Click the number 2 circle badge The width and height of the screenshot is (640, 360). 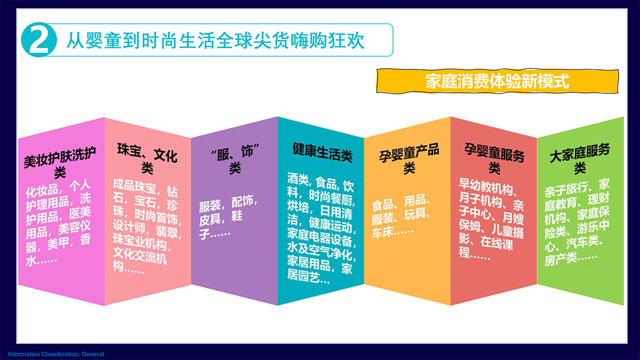click(39, 39)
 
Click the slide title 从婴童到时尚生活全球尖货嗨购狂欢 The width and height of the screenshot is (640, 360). click(215, 41)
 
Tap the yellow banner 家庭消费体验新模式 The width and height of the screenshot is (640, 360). click(498, 81)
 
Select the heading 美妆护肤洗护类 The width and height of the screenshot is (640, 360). click(60, 162)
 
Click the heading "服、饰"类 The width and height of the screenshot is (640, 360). click(235, 159)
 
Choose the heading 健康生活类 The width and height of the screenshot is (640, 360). click(322, 153)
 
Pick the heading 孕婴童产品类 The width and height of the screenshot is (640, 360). click(409, 159)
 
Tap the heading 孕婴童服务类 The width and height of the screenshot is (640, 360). click(494, 158)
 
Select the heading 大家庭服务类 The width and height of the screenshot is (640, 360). click(580, 159)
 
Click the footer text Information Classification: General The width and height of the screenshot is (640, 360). click(56, 354)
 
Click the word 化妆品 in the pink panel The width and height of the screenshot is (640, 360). click(42, 191)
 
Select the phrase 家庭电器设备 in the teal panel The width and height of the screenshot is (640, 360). click(319, 238)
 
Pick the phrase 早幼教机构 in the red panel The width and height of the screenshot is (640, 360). click(486, 187)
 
